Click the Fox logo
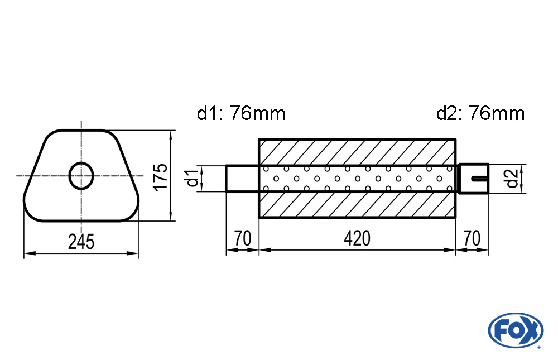click(x=515, y=329)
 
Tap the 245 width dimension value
click(x=81, y=242)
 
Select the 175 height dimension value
click(x=160, y=176)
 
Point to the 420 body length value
click(x=357, y=238)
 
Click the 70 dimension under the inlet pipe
click(x=242, y=238)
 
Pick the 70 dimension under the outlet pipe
click(x=472, y=238)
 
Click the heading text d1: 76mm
click(x=241, y=114)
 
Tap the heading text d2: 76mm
click(x=480, y=114)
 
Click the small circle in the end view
click(x=81, y=176)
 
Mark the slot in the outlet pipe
click(x=479, y=179)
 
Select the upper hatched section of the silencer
click(x=357, y=151)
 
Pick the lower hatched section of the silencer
click(x=357, y=205)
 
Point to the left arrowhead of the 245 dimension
click(x=27, y=253)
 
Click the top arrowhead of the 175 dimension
click(x=171, y=135)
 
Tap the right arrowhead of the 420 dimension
click(x=451, y=250)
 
